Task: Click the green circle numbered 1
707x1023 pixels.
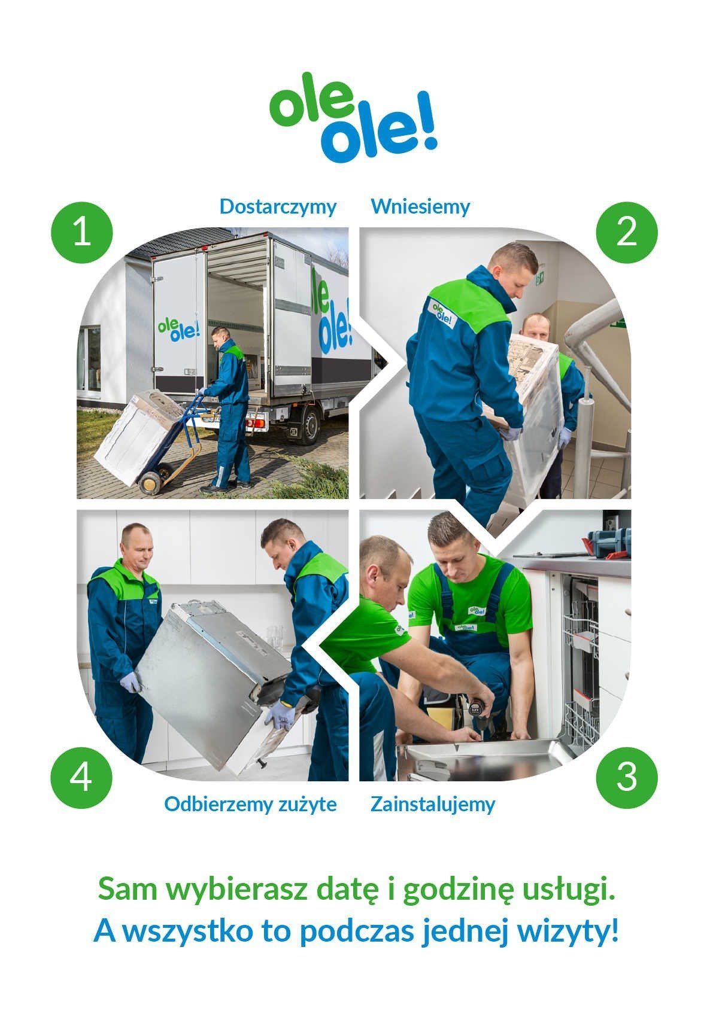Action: (82, 232)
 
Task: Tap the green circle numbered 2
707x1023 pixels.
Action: (627, 232)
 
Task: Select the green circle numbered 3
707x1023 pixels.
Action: (627, 777)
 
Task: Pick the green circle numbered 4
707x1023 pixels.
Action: (81, 777)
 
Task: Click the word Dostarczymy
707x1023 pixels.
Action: (278, 207)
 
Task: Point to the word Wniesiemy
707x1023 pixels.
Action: (420, 206)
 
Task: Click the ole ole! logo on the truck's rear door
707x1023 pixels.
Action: (178, 330)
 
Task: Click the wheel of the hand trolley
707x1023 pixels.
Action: (150, 482)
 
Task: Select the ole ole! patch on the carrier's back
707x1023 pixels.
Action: (442, 313)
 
